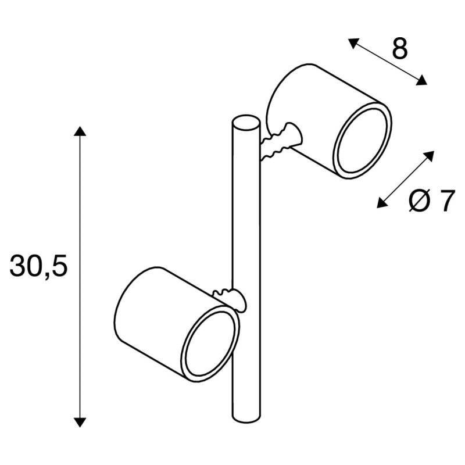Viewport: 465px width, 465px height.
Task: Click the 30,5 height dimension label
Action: (39, 266)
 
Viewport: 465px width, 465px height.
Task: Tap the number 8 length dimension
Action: (399, 49)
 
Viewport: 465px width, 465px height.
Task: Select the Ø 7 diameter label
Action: (430, 202)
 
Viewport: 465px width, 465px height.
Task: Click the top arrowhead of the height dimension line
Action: (80, 130)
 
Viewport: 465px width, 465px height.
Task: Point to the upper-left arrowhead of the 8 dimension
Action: (352, 42)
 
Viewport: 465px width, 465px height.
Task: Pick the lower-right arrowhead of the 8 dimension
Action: (423, 82)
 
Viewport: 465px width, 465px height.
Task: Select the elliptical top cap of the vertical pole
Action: (244, 123)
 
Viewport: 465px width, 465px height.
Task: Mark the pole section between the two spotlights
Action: (244, 233)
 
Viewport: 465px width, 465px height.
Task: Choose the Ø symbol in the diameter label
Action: (419, 202)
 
